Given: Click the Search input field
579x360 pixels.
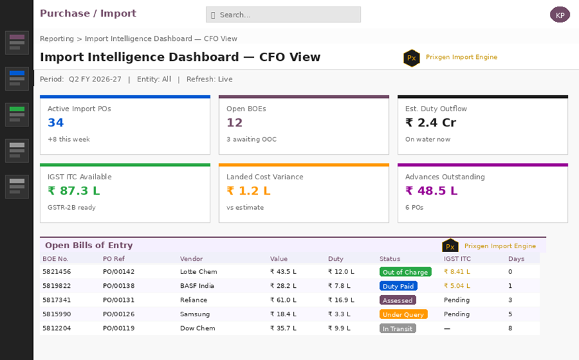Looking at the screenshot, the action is point(283,15).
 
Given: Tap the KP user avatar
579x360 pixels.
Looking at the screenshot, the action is point(560,15).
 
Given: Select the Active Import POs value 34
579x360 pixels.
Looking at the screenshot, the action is point(56,122).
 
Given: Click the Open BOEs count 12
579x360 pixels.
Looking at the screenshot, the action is point(234,122).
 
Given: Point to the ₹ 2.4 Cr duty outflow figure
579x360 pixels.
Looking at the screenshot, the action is point(431,122).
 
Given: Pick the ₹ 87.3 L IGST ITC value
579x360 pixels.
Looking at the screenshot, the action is point(74,191).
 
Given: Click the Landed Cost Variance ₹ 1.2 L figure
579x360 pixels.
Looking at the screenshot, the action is point(249,191).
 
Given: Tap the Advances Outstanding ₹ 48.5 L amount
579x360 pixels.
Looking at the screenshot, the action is point(431,191).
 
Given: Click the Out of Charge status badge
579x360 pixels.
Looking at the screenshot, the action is point(406,272).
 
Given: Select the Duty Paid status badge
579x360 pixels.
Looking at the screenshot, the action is point(398,286).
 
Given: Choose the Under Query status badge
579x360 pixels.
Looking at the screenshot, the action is point(404,314).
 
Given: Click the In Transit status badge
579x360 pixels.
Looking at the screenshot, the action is point(398,329).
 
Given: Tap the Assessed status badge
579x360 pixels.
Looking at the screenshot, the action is point(398,300).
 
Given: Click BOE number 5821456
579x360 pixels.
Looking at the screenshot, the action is point(56,272).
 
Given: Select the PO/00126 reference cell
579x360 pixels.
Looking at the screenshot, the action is point(118,314).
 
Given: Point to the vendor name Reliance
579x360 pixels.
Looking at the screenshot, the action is point(193,300).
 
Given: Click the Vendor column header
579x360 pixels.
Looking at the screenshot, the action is point(191,259).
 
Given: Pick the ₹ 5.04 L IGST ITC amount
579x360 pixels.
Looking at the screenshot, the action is point(457,286).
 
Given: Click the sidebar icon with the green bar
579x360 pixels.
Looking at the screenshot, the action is point(17,114).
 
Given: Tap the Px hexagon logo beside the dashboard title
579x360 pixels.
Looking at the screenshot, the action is point(412,58).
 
